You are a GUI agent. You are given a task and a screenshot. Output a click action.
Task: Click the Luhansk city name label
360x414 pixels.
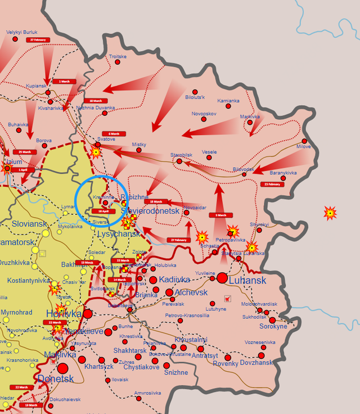click(248, 280)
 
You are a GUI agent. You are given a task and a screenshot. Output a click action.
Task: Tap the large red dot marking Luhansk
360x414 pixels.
click(222, 278)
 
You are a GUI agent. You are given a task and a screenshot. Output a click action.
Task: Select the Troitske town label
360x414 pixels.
click(118, 57)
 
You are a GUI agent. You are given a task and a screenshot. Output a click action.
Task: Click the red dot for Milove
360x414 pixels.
click(304, 141)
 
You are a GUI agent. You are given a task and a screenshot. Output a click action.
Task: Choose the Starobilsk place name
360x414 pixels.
click(182, 155)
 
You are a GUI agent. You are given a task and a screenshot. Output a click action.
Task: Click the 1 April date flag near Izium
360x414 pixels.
click(22, 169)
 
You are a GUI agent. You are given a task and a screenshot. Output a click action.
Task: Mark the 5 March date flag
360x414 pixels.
click(220, 215)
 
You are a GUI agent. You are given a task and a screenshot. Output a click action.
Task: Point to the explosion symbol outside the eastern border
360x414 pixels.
click(330, 213)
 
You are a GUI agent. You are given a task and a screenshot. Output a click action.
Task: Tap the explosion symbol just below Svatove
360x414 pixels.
click(96, 151)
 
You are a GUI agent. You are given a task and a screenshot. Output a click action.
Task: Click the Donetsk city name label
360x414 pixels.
click(56, 379)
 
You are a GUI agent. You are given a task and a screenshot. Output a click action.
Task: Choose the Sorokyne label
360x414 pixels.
click(273, 326)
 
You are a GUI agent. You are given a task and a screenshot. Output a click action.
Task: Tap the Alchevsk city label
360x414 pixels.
click(191, 292)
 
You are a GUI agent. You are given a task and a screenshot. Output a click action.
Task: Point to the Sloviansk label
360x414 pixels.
click(30, 224)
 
